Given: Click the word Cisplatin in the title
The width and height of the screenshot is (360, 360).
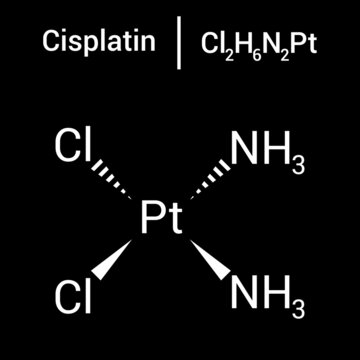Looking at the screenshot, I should click(x=97, y=42).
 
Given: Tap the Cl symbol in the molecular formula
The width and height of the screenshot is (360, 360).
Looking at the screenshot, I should click(x=211, y=43).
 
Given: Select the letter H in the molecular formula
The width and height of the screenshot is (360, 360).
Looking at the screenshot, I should click(x=238, y=43).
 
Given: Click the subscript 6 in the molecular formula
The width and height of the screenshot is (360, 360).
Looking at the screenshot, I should click(x=252, y=50).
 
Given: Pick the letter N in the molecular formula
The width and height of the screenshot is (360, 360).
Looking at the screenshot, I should click(x=265, y=43).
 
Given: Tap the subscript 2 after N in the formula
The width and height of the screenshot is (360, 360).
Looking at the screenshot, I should click(x=279, y=50).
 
